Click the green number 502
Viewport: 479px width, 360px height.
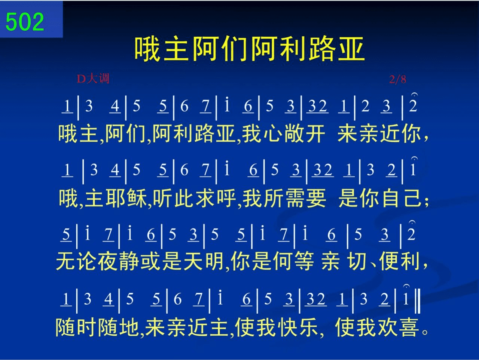[25, 21]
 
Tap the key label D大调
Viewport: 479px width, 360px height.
[93, 79]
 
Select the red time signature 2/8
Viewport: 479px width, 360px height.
[397, 79]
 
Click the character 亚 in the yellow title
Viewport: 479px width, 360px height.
[351, 49]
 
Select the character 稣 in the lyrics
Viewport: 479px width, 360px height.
[137, 198]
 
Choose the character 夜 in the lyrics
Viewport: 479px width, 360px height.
[108, 261]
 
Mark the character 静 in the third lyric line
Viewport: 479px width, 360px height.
[129, 261]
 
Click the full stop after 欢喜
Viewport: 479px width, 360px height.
[425, 332]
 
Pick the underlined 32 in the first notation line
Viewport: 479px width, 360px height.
[317, 106]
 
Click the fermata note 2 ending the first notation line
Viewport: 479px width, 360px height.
[413, 105]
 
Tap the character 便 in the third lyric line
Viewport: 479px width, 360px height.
[389, 261]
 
